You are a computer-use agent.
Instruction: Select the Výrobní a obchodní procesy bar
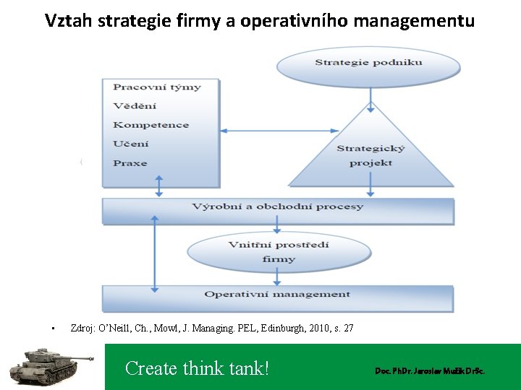coord(278,207)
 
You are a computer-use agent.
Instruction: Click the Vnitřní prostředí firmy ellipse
coord(279,251)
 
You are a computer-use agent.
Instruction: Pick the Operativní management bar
coord(277,295)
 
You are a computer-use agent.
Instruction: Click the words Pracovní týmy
coord(156,87)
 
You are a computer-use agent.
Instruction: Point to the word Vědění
coord(135,106)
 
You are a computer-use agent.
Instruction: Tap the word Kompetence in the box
coord(151,125)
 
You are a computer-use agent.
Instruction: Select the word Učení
coord(131,144)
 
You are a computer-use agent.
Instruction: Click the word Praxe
coord(130,163)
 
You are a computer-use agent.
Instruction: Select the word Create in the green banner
coord(150,368)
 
